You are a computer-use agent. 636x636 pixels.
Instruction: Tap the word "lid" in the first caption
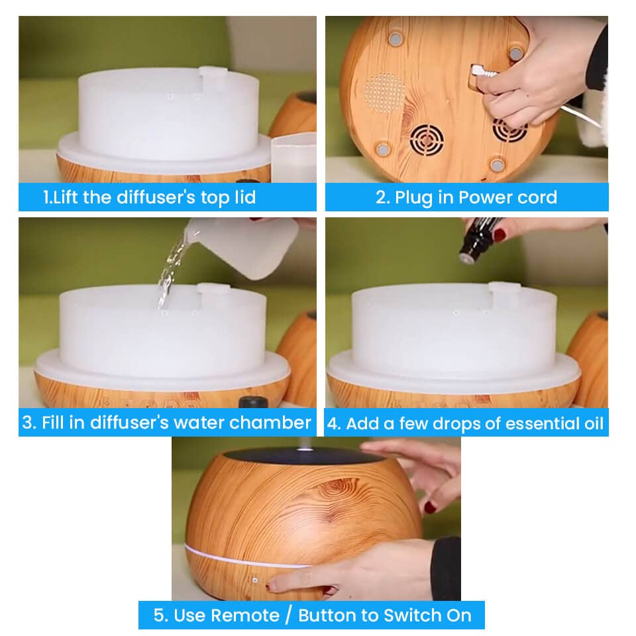point(245,197)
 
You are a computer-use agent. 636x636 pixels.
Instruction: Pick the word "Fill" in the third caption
point(54,422)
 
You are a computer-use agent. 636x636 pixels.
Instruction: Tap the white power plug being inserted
point(484,72)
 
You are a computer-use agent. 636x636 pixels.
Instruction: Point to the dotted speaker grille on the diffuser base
point(384,93)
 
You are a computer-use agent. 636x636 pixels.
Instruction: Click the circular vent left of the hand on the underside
point(426,140)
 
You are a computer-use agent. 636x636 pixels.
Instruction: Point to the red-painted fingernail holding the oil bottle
point(500,235)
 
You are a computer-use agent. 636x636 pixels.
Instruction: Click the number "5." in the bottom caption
point(160,615)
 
